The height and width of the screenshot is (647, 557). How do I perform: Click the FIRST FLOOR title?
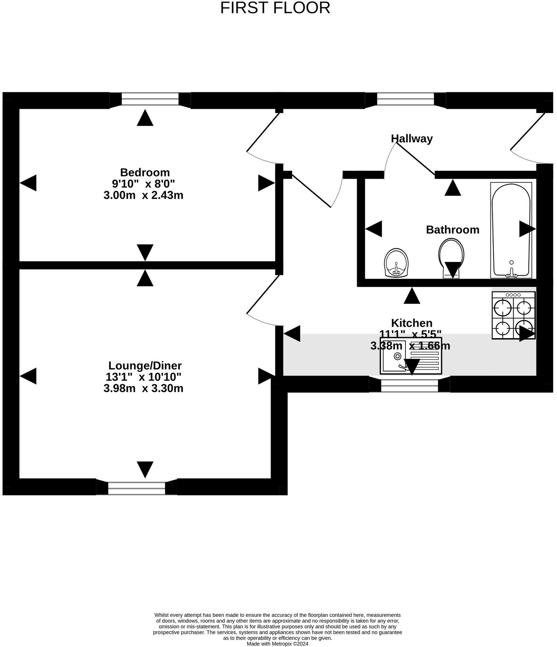(x=275, y=8)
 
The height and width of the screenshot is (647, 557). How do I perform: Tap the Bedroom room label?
(x=145, y=172)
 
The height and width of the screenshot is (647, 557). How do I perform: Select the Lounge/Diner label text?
(x=145, y=366)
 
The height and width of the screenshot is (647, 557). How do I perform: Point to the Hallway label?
(x=412, y=138)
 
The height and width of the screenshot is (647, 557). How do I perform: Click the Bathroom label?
(x=452, y=230)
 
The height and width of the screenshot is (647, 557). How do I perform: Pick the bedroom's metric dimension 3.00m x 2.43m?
(x=143, y=195)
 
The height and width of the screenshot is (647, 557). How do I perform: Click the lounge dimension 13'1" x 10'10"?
(x=143, y=377)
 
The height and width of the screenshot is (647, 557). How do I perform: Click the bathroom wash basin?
(x=396, y=263)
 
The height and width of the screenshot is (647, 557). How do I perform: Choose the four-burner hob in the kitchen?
(x=513, y=315)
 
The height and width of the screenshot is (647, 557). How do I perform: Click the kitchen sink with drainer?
(x=411, y=356)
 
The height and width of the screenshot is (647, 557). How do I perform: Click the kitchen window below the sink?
(x=410, y=384)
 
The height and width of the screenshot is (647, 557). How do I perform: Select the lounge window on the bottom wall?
(x=137, y=488)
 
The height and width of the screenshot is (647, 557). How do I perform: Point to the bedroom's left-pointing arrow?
(x=28, y=183)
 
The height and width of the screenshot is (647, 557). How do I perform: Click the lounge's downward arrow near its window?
(x=145, y=469)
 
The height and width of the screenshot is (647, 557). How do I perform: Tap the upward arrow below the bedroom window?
(x=145, y=118)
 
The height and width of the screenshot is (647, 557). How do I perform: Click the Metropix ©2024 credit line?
(x=277, y=644)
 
